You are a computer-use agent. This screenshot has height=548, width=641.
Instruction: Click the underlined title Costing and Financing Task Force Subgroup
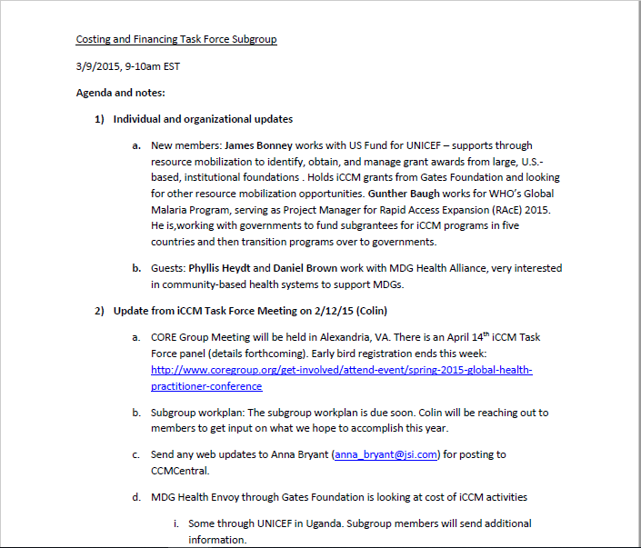pos(175,40)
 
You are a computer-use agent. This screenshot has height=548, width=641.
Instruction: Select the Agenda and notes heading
pos(120,93)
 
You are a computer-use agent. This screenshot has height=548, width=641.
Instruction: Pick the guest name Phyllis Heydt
pos(223,268)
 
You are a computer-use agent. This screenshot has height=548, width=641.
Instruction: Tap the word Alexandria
pos(355,337)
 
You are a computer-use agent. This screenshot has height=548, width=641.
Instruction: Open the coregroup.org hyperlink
pos(341,370)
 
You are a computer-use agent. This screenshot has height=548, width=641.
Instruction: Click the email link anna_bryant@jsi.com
pos(386,454)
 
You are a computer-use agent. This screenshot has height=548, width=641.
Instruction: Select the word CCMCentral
pos(180,471)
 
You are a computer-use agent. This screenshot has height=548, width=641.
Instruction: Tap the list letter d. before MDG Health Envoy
pos(135,497)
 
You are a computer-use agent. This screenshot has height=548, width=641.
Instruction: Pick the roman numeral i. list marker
pos(175,523)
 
